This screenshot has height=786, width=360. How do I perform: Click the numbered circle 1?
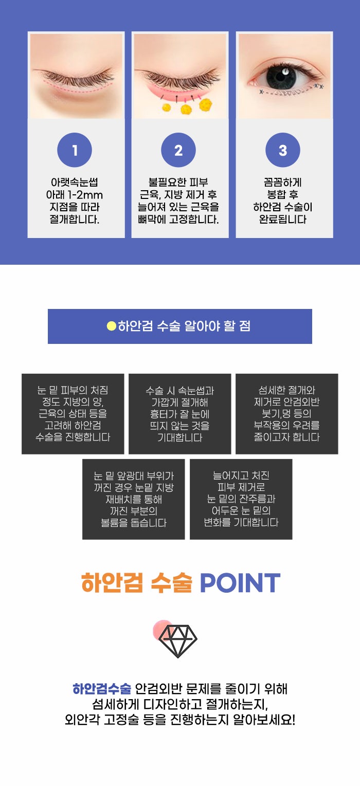(75, 150)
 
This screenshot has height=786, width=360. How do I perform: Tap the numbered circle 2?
(178, 150)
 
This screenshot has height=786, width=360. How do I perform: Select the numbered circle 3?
(283, 150)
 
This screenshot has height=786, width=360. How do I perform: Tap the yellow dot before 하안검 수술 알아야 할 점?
(111, 326)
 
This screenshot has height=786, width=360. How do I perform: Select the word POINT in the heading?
(240, 583)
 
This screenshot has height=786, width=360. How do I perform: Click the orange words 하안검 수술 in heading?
(137, 583)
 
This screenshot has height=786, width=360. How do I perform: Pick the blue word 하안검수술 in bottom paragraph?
(102, 689)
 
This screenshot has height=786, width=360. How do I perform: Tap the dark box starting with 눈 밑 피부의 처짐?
(73, 414)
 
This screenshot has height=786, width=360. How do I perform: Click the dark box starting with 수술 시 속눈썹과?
(179, 414)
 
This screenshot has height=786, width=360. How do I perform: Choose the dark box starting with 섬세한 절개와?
(286, 414)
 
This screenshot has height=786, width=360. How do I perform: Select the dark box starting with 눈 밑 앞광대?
(133, 499)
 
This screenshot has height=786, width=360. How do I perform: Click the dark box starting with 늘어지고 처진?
(241, 499)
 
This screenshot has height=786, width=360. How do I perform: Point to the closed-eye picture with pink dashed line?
(76, 76)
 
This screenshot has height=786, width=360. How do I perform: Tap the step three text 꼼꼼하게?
(283, 182)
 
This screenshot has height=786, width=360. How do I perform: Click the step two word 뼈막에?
(155, 220)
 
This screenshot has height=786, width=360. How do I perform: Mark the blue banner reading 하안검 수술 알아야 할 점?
(180, 326)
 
